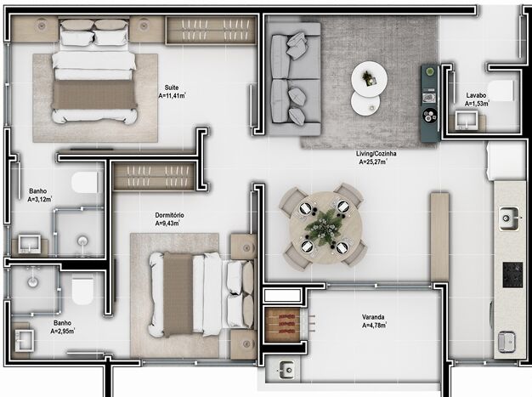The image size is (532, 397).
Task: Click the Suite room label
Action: [x=173, y=87]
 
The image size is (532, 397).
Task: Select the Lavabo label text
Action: [x=475, y=95]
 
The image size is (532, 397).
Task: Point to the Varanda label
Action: [x=373, y=317]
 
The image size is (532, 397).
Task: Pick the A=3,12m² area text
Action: [x=40, y=201]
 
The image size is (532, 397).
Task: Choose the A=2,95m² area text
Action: [x=65, y=331]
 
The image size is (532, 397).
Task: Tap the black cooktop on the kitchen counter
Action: [x=512, y=275]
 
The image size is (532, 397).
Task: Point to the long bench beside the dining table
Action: [x=439, y=236]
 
